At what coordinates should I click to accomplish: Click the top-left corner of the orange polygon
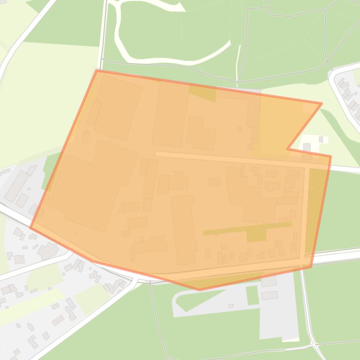tap(96, 71)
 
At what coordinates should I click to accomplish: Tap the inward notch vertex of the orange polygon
tap(287, 149)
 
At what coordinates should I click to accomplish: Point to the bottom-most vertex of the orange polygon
tap(199, 290)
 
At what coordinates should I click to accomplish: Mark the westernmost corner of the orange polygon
tap(31, 228)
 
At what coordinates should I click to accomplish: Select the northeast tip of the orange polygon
tap(322, 103)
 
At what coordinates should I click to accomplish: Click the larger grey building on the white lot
tap(307, 147)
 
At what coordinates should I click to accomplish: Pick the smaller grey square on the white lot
tap(321, 139)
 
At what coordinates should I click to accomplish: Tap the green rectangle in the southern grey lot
tap(252, 295)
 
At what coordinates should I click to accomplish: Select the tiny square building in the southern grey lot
tap(231, 306)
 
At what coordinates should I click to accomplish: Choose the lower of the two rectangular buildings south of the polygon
tap(269, 295)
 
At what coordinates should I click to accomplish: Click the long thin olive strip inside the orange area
tap(247, 229)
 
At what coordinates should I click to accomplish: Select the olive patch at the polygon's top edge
tap(202, 93)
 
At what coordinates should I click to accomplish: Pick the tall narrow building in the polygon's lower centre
tap(184, 229)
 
